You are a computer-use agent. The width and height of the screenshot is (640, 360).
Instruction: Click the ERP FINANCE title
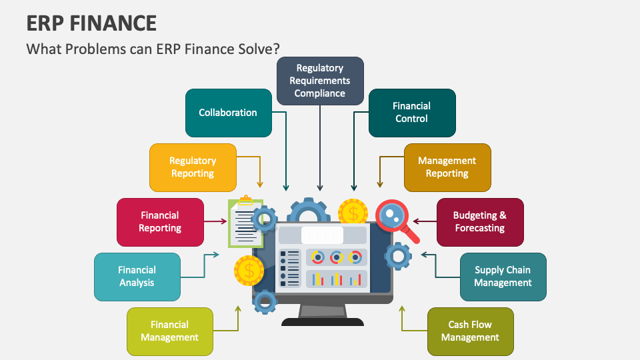coord(91,23)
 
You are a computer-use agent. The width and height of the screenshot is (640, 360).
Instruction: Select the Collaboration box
coord(228,113)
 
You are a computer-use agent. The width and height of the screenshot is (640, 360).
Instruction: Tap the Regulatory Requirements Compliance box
coord(320,81)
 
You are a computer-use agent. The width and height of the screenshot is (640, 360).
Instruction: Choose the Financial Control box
coord(412,113)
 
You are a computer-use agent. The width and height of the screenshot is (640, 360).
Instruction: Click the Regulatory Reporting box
coord(193,167)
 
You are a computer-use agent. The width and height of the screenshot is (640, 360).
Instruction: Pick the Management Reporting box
coord(447,167)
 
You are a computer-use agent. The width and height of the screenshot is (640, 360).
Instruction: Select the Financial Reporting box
coord(160,222)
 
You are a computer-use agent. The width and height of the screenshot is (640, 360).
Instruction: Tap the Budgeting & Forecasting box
coord(480,222)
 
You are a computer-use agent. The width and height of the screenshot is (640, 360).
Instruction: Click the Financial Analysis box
coord(137,277)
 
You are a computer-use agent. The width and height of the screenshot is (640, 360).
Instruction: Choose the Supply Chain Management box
coord(503,277)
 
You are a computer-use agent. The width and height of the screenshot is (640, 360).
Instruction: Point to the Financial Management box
coord(170,331)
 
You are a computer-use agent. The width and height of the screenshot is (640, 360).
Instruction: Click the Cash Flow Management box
coord(470,331)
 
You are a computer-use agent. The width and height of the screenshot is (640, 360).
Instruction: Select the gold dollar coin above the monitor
coord(353,213)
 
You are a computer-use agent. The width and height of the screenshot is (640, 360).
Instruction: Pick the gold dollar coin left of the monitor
coord(249,271)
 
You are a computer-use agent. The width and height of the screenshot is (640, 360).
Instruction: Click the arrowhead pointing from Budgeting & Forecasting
coord(416,221)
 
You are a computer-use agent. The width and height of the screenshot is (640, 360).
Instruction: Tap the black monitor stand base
coord(323,321)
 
